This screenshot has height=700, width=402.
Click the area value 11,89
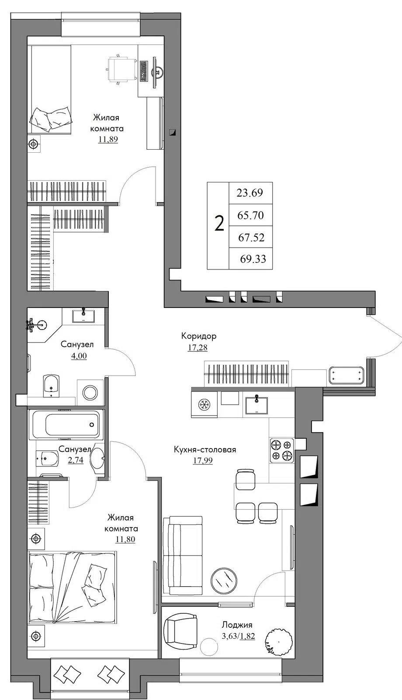coord(108,140)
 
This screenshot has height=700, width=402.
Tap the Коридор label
coord(199,336)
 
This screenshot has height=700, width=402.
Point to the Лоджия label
coord(237,625)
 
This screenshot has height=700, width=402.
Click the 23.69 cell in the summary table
coord(251,193)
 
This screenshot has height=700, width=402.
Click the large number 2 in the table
coord(219,224)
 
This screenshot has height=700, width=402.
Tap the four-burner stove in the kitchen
coord(282,450)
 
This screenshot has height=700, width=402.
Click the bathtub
coord(66,424)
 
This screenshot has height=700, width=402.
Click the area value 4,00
coord(79,356)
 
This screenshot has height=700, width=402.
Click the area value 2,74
coord(76,460)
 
